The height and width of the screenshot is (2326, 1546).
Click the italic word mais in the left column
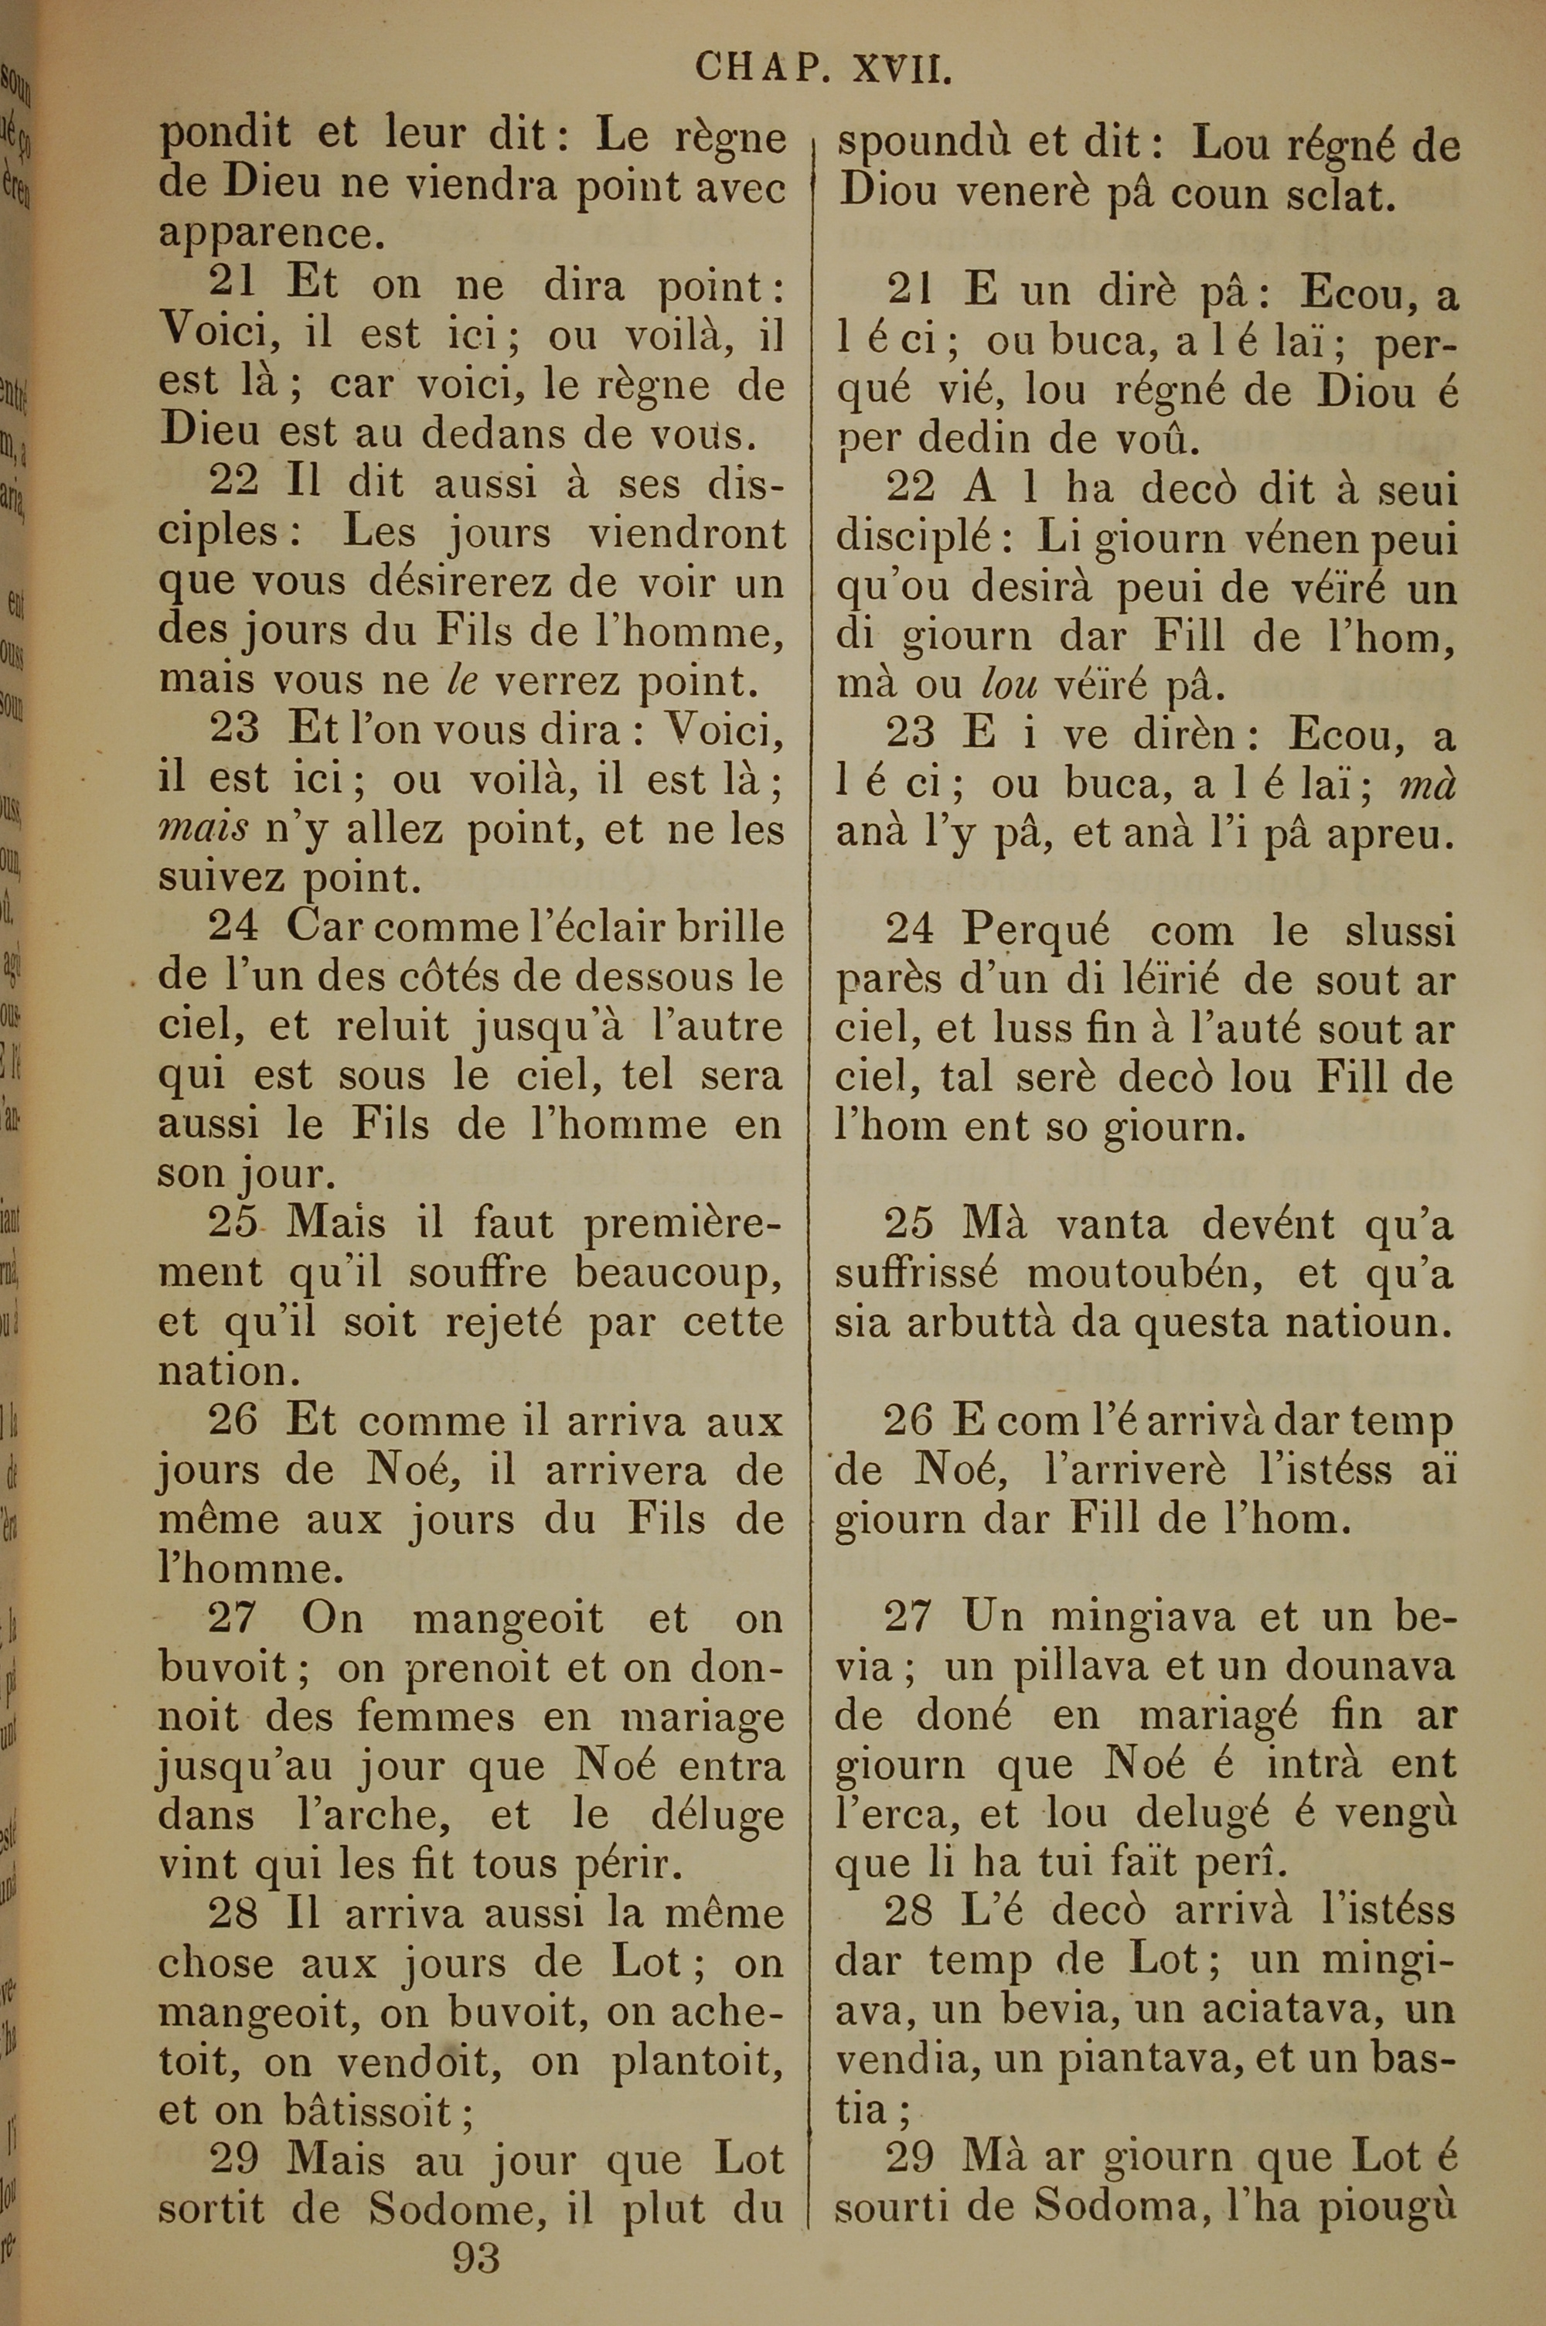coord(203,829)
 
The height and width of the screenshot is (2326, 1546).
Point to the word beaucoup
coord(679,1273)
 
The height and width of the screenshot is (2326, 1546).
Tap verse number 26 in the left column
coord(233,1420)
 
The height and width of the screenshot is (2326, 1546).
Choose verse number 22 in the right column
coord(911,486)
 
